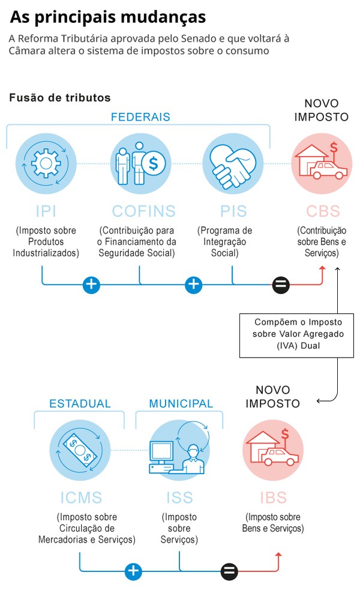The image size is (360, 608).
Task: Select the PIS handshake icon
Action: point(232,163)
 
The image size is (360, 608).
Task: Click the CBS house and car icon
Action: point(322,163)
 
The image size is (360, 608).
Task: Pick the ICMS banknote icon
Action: point(80,450)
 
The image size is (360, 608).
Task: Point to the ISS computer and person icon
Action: point(179,450)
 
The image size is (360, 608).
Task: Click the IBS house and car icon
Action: point(273,450)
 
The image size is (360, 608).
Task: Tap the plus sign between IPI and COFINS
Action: point(91,284)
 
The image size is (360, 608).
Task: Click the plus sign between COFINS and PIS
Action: point(193,284)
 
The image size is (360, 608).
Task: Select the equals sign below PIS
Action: point(281,284)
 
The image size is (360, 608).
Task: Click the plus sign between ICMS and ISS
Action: point(133,571)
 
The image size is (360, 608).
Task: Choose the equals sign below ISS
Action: point(229,571)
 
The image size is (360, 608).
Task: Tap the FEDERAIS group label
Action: point(140,117)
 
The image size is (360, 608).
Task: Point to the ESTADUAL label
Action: point(80,403)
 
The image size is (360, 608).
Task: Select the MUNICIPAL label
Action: point(181,403)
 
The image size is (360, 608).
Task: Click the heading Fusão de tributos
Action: point(60,97)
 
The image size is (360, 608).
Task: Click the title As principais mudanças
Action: point(108,17)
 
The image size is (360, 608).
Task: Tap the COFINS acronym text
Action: point(144,211)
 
